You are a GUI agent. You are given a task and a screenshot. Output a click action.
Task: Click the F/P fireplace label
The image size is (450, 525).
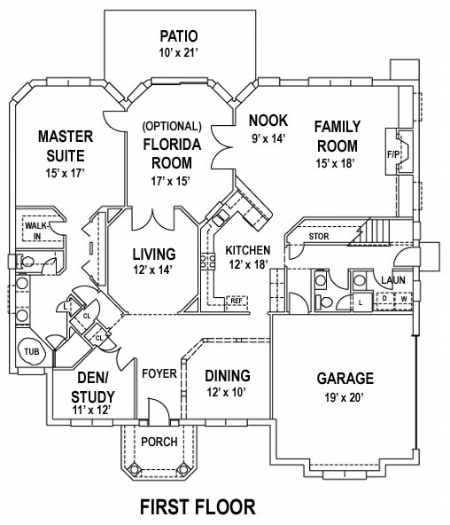393,154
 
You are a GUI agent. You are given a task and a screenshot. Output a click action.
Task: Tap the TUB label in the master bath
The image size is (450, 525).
32,351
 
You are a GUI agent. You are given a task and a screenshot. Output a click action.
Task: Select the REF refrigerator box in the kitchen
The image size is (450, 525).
237,301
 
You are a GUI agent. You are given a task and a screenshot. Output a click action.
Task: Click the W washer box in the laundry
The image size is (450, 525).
404,298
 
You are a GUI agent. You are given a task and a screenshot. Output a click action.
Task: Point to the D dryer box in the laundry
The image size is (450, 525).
384,298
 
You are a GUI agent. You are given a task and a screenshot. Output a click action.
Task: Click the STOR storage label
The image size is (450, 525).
319,237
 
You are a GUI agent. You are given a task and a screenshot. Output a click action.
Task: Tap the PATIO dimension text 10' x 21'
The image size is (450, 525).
179,52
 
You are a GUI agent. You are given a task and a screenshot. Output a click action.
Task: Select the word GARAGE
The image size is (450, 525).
345,379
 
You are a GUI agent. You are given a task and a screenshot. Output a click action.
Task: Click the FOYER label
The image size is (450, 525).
159,373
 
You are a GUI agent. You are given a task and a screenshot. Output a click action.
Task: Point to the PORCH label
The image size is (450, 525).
159,442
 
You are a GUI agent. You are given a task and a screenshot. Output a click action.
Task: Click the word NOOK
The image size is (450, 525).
268,121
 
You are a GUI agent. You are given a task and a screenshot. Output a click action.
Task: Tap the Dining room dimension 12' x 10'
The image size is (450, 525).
227,392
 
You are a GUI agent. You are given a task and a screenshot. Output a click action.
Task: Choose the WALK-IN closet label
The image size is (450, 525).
37,231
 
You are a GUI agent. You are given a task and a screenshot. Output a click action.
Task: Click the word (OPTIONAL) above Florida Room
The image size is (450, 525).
172,126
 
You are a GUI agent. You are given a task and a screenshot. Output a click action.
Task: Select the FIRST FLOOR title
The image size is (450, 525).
198,506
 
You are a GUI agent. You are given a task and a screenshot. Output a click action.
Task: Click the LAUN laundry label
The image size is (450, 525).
393,280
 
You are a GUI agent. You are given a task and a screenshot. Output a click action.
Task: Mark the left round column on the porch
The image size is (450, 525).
134,468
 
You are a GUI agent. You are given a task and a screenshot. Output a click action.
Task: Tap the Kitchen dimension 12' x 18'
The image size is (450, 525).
248,264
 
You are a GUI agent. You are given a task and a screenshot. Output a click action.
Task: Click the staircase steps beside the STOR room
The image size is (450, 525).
375,231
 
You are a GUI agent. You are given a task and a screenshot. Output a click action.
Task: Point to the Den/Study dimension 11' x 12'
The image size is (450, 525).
91,410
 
